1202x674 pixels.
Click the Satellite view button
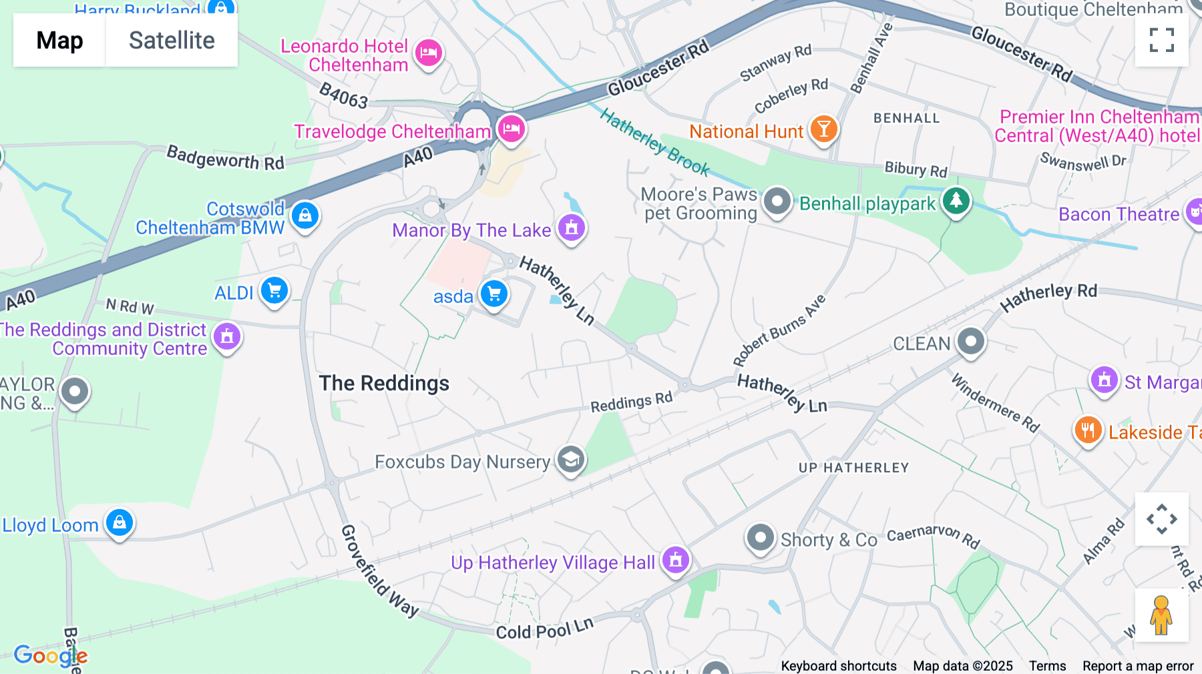pos(172,41)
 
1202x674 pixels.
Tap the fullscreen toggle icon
pos(1161,40)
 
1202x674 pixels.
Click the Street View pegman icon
pos(1161,615)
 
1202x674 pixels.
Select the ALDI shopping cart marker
pos(274,291)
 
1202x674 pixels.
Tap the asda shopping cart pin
pos(494,294)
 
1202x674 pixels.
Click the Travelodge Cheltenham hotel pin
pos(512,129)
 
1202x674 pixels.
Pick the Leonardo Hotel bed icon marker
pos(429,52)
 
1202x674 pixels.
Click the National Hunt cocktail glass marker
pos(823,129)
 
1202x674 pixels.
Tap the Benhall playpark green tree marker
pos(956,201)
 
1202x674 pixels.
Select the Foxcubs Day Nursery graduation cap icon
pos(571,460)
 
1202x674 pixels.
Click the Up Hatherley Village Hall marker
pos(675,560)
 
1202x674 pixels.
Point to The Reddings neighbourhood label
pos(384,383)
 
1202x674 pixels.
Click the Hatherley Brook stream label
pos(654,142)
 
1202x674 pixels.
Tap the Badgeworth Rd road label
pos(225,158)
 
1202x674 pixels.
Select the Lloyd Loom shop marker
pos(120,523)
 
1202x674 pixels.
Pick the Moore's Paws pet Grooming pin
pos(777,201)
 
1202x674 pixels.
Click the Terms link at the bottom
pos(1047,666)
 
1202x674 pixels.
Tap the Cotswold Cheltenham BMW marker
pos(305,216)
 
